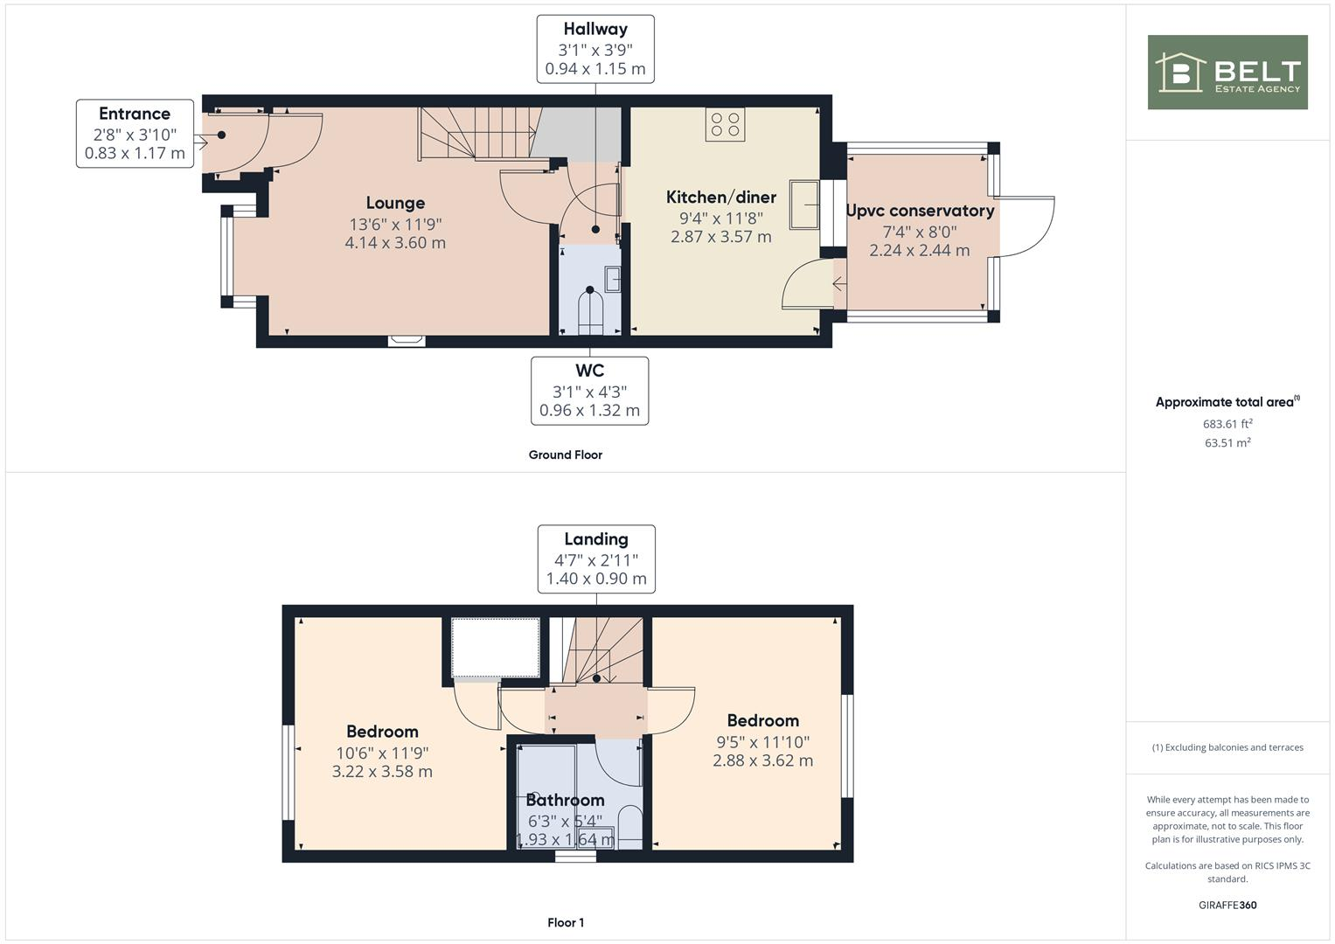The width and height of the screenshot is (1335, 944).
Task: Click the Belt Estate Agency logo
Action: point(1227,73)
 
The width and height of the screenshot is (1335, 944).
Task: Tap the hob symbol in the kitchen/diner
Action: point(725,124)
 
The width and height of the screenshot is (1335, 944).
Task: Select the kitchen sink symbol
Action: point(804,205)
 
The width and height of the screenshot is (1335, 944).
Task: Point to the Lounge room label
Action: point(395,203)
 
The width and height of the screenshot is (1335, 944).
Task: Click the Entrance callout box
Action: point(135,134)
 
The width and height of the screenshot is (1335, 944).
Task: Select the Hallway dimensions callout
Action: point(595,49)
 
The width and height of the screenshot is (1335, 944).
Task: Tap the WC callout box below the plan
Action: point(589,391)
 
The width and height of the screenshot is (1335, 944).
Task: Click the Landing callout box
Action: point(595,559)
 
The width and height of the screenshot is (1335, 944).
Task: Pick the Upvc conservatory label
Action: point(920,211)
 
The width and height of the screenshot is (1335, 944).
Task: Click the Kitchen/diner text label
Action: point(720,197)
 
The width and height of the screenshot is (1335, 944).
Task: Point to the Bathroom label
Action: point(565,800)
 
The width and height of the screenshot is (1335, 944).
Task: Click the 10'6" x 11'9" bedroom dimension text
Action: point(382,753)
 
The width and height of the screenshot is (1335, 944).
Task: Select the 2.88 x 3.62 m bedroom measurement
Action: point(762,760)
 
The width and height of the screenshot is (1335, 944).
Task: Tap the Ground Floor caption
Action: point(565,455)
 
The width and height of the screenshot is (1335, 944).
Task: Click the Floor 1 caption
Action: point(566,922)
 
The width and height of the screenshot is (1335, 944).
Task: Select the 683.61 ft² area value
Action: point(1227,424)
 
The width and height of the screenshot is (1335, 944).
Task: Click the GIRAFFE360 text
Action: point(1227,905)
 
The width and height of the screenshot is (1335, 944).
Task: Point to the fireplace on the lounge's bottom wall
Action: point(407,341)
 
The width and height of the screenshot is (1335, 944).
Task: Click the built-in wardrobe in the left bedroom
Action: point(496,647)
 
